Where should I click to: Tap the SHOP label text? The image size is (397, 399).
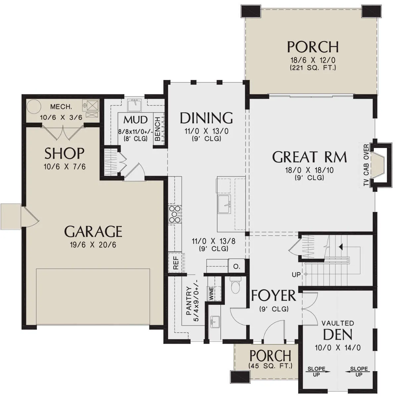pos(64,153)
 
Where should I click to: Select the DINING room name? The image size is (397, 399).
pos(206,118)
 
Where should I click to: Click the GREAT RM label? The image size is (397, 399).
pos(309,157)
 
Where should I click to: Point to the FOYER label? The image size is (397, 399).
pos(274,295)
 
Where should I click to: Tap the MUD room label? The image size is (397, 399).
pos(136,120)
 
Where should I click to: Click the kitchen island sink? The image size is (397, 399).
pos(224,204)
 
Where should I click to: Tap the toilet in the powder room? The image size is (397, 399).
pos(236,286)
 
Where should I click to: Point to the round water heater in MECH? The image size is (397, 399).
pos(34,106)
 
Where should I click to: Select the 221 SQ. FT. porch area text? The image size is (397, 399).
pos(313,68)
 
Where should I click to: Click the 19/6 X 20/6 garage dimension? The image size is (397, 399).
pos(93,245)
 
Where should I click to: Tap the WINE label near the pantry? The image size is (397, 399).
pos(211,293)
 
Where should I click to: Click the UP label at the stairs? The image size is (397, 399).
pos(296,275)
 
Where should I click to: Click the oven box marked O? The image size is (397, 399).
pos(237,267)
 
